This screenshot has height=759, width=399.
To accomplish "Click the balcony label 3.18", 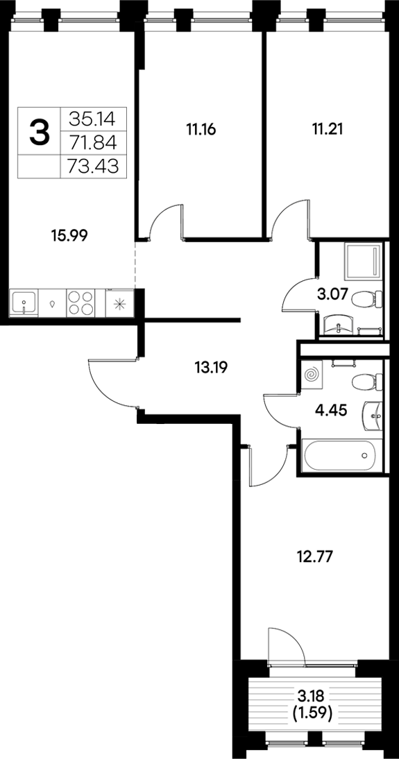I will click(310, 694).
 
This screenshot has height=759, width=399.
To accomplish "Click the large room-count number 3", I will click(40, 132).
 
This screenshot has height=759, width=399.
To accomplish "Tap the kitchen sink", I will click(24, 302).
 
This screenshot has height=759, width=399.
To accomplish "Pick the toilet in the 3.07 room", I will click(365, 300).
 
